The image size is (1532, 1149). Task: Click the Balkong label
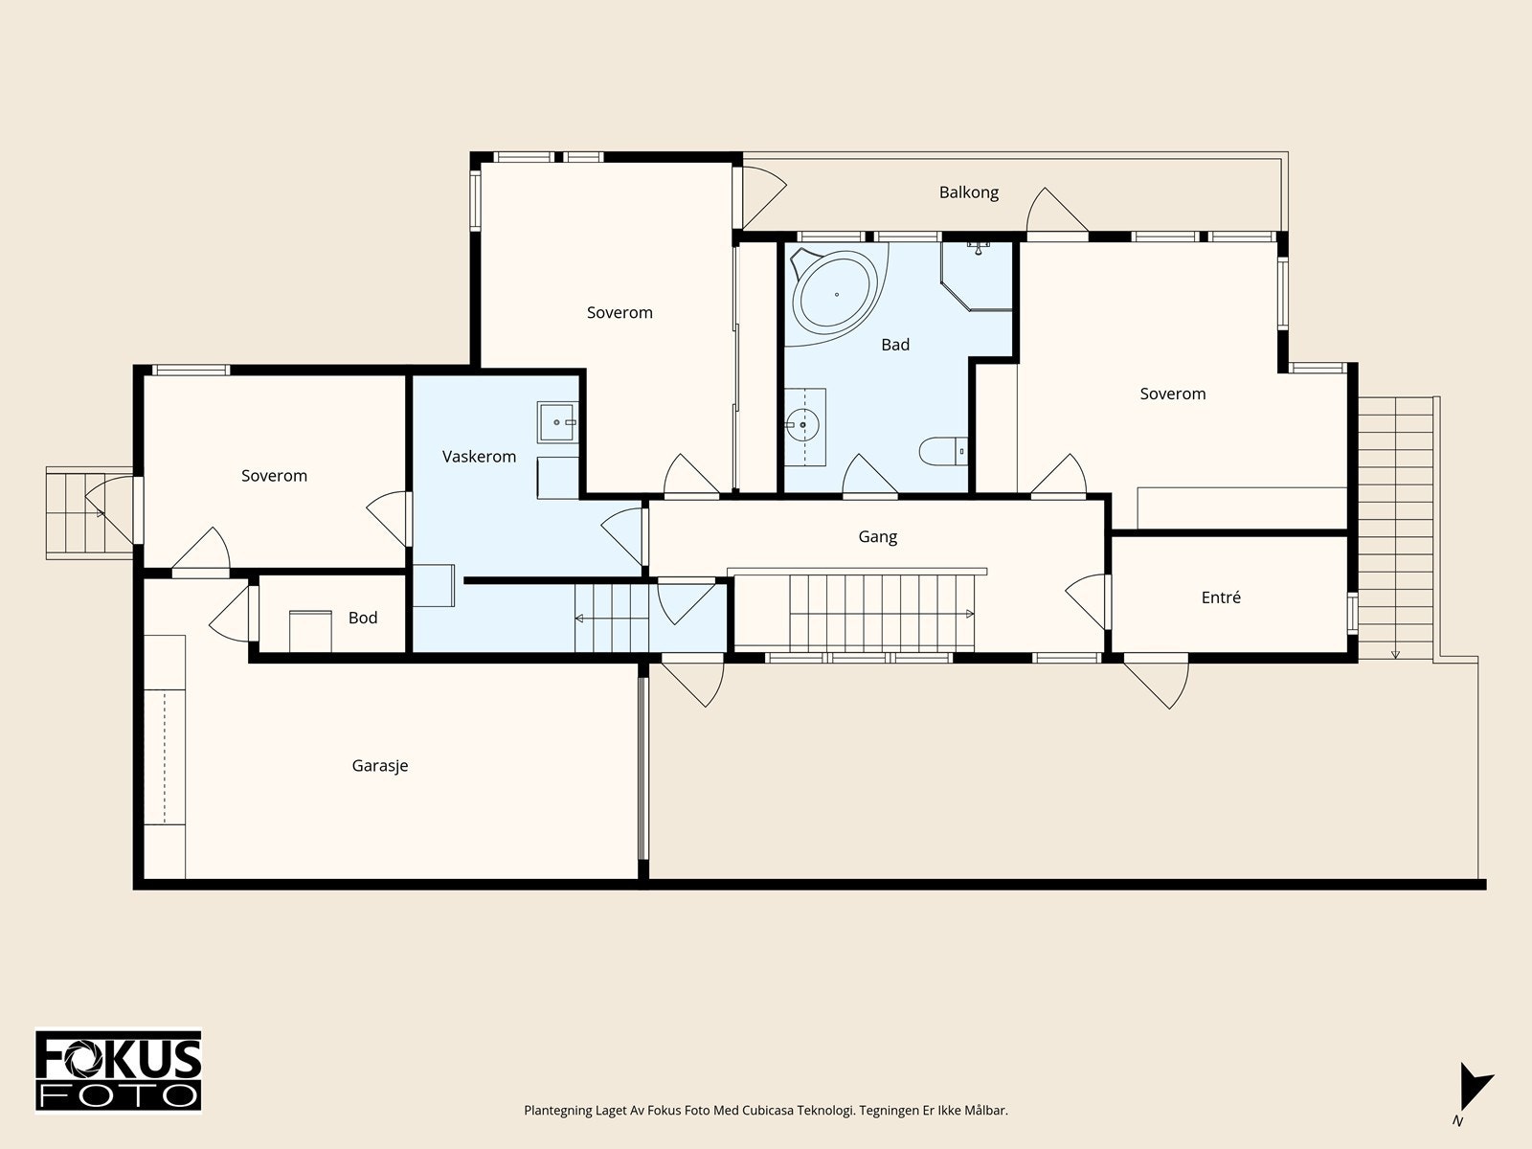point(968,192)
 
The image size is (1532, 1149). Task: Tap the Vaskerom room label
point(479,457)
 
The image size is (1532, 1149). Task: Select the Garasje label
point(380,766)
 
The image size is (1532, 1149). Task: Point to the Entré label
point(1221,597)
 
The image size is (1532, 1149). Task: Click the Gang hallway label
point(877,536)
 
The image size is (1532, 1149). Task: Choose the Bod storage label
point(363,618)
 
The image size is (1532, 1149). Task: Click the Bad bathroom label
point(895,345)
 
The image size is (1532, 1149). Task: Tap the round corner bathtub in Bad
point(835,294)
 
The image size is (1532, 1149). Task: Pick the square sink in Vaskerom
point(557,422)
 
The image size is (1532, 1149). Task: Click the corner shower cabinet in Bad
point(977,276)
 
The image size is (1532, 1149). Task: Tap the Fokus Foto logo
point(119,1071)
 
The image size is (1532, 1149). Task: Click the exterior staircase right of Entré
point(1395,529)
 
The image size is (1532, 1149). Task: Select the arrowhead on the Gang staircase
point(970,614)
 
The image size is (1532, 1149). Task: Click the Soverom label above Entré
point(1173,394)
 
